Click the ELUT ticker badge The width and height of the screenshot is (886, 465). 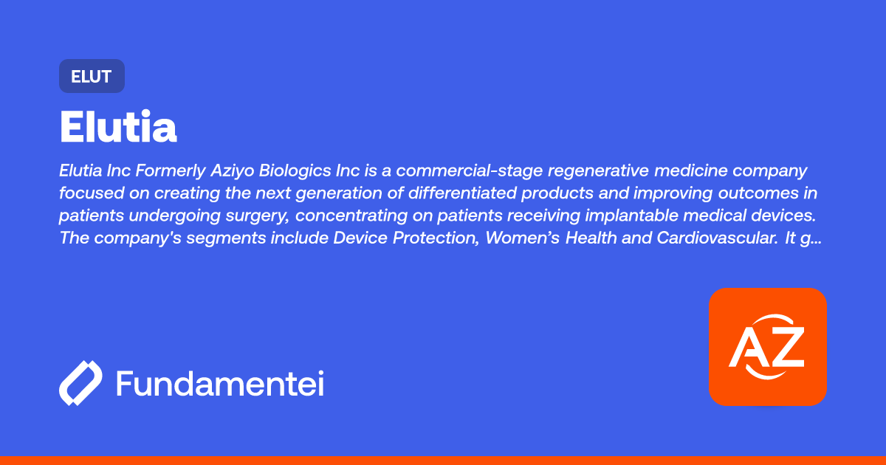point(92,76)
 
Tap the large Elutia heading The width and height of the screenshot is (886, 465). point(118,126)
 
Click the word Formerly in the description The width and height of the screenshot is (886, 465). point(171,170)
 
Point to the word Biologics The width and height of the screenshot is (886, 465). point(295,170)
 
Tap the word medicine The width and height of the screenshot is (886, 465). point(690,170)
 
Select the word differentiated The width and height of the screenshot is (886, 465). point(462,193)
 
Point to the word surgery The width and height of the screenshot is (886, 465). point(258,216)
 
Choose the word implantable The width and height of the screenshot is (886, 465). point(632,216)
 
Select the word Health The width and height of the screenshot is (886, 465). point(591,238)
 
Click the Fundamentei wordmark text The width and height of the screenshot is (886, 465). point(220,383)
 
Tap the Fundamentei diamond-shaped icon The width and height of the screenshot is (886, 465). point(80,383)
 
